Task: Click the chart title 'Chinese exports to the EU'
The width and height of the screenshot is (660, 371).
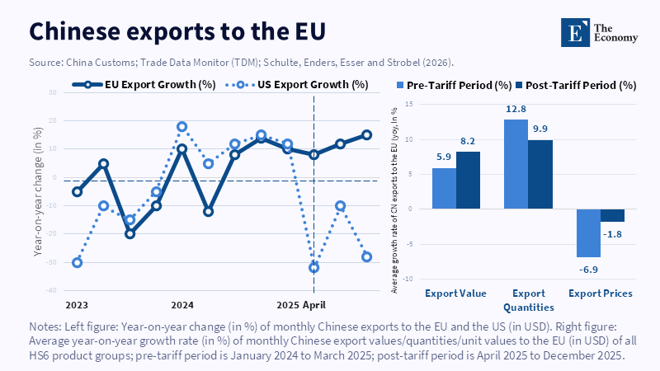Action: click(x=177, y=31)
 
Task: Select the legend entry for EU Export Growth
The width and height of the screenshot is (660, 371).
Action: click(x=152, y=84)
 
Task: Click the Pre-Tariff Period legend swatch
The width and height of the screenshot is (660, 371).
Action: click(x=403, y=85)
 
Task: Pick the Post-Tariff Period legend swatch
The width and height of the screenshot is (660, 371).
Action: click(x=520, y=85)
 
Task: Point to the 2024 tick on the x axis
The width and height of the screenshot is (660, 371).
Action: click(x=181, y=305)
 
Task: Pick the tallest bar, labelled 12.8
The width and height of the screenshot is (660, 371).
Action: click(x=516, y=164)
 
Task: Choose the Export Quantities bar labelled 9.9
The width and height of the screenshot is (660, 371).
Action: click(x=540, y=174)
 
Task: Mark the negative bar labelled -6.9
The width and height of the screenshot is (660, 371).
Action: click(x=588, y=232)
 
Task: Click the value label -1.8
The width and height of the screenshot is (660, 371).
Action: click(x=612, y=234)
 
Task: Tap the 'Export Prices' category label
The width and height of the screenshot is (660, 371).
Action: click(x=600, y=294)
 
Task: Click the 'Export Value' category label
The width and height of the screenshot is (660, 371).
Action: click(x=455, y=294)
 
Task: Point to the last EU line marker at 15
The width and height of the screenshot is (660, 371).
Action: click(x=366, y=135)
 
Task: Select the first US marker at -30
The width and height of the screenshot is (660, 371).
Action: click(x=77, y=262)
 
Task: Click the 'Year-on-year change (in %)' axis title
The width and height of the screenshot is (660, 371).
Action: click(x=38, y=192)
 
